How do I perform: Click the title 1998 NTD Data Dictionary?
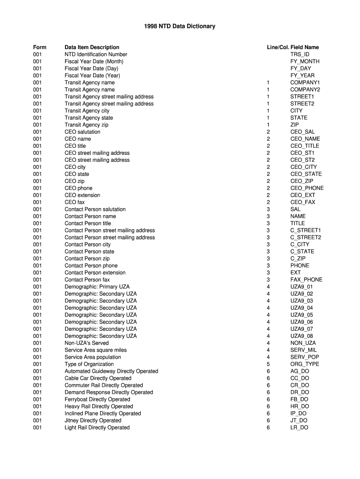[180, 26]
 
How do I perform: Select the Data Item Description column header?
[92, 47]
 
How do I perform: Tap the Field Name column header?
[304, 47]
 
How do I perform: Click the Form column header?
[40, 47]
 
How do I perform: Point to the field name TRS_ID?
[300, 54]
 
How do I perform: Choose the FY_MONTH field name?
[305, 61]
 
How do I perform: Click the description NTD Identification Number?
[96, 54]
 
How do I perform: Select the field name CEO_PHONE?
[307, 188]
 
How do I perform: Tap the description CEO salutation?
[82, 132]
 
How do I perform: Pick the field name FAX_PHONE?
[306, 280]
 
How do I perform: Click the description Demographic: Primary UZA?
[97, 287]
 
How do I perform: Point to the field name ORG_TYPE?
[305, 364]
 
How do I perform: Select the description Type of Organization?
[89, 364]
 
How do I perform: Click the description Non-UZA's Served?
[86, 343]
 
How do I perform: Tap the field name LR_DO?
[299, 428]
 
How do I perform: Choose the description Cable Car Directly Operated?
[98, 378]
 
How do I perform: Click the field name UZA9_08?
[302, 336]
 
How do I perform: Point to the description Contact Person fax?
[87, 280]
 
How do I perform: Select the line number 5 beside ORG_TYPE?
[268, 364]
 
